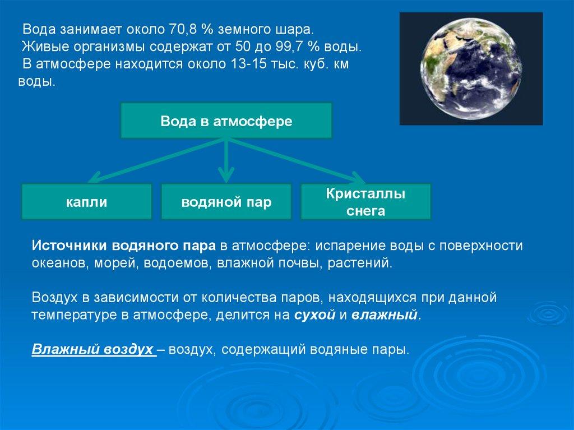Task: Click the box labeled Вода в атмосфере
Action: tap(226, 121)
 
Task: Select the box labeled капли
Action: tap(87, 202)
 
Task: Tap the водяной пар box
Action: tap(226, 202)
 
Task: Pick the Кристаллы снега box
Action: tap(365, 202)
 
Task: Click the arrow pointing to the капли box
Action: tap(157, 160)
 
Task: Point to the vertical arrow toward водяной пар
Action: tap(226, 160)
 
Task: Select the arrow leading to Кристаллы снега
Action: tap(297, 161)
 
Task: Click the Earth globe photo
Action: tap(471, 69)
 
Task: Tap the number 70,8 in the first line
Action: tap(183, 29)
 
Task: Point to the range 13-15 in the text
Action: tap(244, 64)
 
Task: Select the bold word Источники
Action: tap(70, 246)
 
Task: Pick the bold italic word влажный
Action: tap(385, 315)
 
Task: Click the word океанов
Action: tap(58, 263)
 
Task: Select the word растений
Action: tap(359, 263)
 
